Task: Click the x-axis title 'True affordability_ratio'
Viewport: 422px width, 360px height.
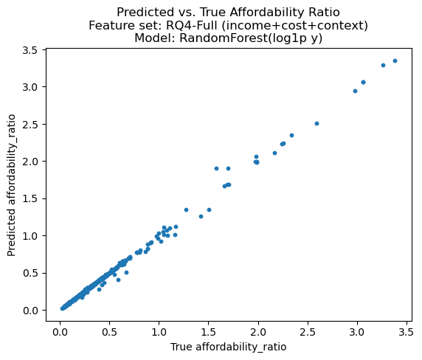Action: coord(228,347)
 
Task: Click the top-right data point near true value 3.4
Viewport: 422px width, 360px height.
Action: coord(395,60)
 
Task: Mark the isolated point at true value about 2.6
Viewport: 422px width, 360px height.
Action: coord(316,123)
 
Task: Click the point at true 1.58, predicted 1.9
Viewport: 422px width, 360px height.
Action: coord(216,168)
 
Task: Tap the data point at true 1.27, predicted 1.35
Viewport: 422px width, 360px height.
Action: coord(186,210)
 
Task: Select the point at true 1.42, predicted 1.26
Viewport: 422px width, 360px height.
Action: coord(201,216)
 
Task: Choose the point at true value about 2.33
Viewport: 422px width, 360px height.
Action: coord(291,135)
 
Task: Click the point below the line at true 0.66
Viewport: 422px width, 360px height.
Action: coord(126,272)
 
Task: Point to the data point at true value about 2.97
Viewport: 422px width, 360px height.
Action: coord(355,91)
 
